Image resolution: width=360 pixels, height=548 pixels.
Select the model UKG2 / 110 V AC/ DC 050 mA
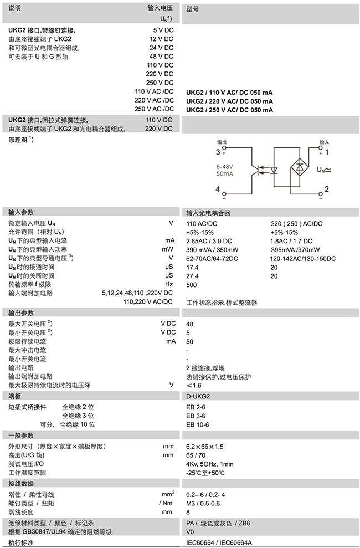[229, 92]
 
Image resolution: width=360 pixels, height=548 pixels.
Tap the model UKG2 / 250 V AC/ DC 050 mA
[229, 110]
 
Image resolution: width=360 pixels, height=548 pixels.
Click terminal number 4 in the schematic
[218, 190]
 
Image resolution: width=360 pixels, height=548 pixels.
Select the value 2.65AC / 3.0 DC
[209, 240]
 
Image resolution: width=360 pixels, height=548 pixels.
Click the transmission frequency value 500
[192, 284]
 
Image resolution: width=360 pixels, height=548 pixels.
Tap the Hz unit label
[169, 284]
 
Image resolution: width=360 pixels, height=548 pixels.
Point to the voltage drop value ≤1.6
[194, 385]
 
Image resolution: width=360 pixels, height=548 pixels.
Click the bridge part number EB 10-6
[198, 424]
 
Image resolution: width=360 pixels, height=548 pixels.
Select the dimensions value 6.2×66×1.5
[205, 446]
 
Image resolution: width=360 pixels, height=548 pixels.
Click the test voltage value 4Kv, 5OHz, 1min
[210, 464]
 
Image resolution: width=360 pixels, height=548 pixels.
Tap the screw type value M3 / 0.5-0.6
[204, 503]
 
